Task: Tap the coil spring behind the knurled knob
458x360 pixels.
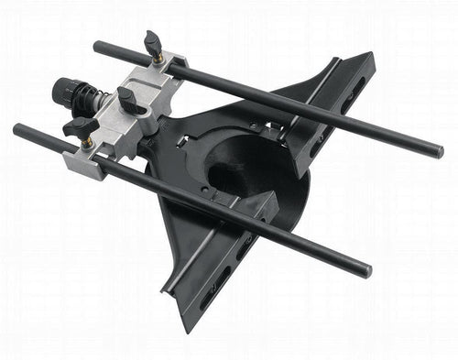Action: click(89, 95)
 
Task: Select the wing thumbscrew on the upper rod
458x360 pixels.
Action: click(152, 42)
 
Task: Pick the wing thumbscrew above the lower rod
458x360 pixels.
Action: click(81, 125)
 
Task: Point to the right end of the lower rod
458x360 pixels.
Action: click(367, 271)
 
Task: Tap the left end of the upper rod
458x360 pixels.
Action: click(97, 45)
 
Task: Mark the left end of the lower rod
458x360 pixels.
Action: click(18, 130)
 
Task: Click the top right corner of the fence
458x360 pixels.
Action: click(370, 56)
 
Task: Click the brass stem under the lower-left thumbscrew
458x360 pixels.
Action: click(86, 142)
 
